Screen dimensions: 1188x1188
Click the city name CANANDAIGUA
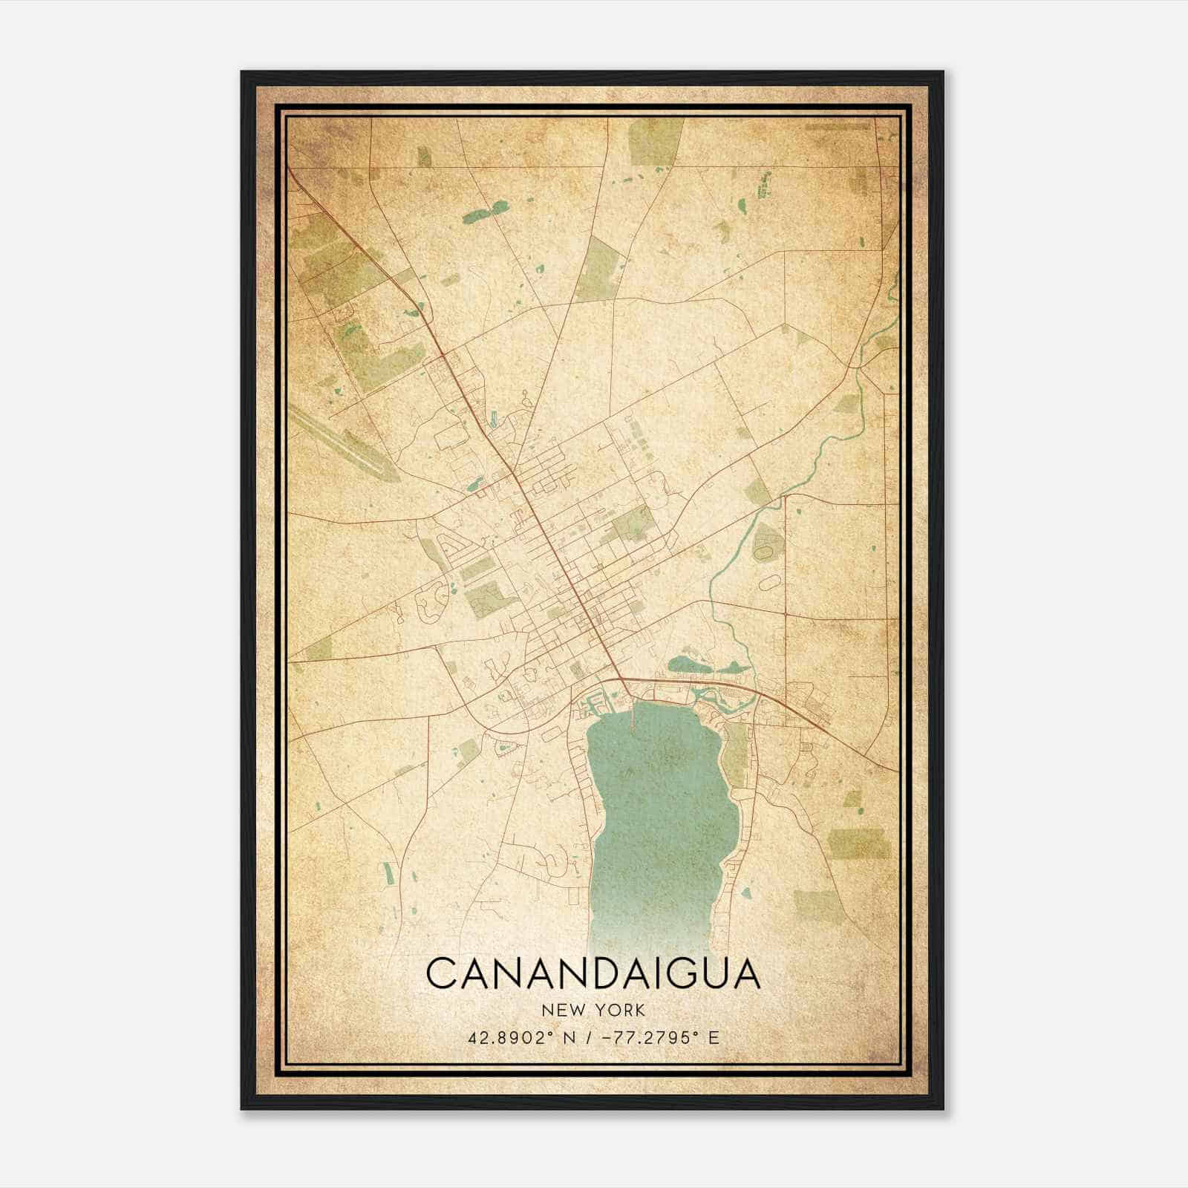click(x=593, y=973)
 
